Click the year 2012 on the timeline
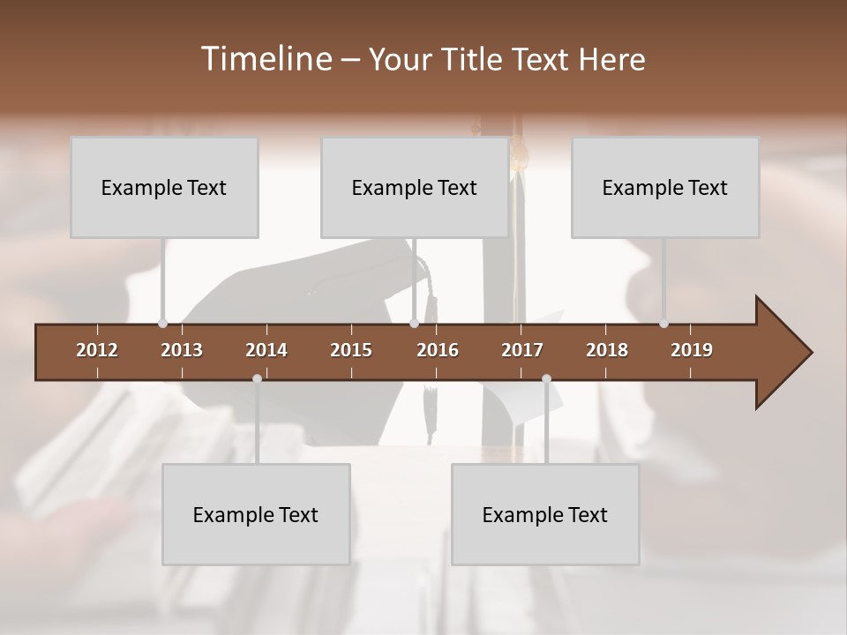97,350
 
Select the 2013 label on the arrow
182,350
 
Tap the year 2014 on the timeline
266,350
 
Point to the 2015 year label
351,350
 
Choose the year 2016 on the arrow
438,350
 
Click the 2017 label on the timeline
522,350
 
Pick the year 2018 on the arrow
607,350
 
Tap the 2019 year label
692,350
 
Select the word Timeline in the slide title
266,59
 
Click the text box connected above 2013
164,188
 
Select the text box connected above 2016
415,188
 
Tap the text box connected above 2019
665,188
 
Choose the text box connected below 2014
256,515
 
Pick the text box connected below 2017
545,515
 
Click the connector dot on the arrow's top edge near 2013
162,324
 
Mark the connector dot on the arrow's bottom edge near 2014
257,378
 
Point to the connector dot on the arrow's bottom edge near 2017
546,378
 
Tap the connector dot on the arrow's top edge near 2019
663,324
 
